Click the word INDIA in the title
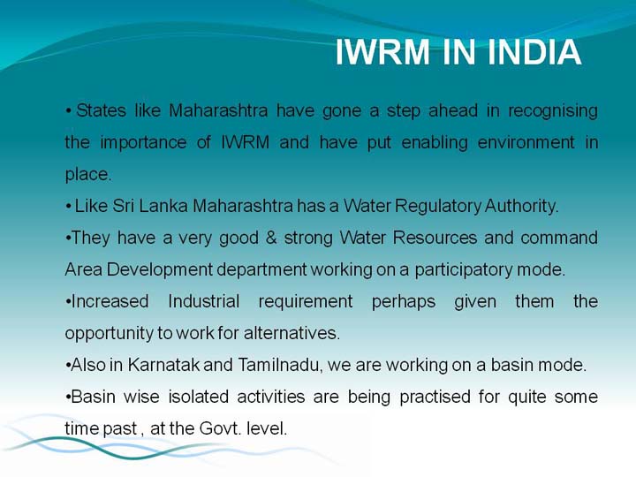pos(534,52)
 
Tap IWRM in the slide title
pos(382,52)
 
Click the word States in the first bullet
pos(101,110)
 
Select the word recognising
pos(553,111)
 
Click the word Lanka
pos(163,206)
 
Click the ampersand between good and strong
pos(271,238)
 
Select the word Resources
pos(435,238)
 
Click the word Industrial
pos(204,301)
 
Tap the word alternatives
pos(291,333)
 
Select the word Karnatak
pos(164,365)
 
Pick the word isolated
pos(199,397)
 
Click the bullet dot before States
pos(69,110)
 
